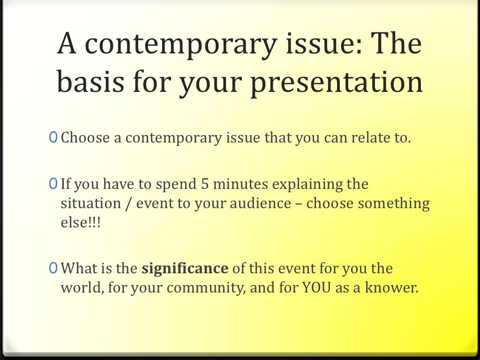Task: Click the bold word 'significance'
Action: coord(185,269)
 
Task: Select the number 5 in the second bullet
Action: coord(204,185)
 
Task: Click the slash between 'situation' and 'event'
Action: coord(128,204)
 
